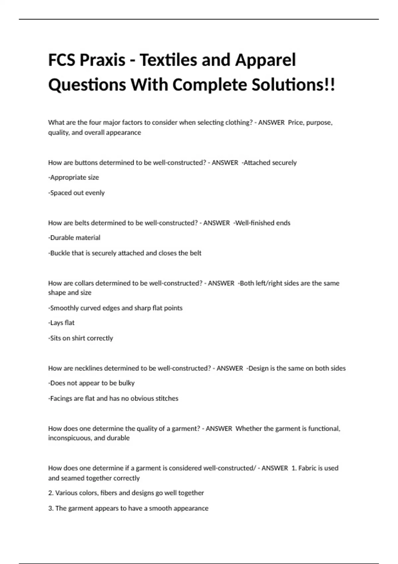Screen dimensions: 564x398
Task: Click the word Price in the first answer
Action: pos(296,122)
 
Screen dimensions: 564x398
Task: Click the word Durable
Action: pos(62,238)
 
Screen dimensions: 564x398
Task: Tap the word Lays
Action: pos(57,323)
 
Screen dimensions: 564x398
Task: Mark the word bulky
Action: pos(126,383)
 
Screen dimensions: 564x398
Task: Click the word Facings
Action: pos(60,398)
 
